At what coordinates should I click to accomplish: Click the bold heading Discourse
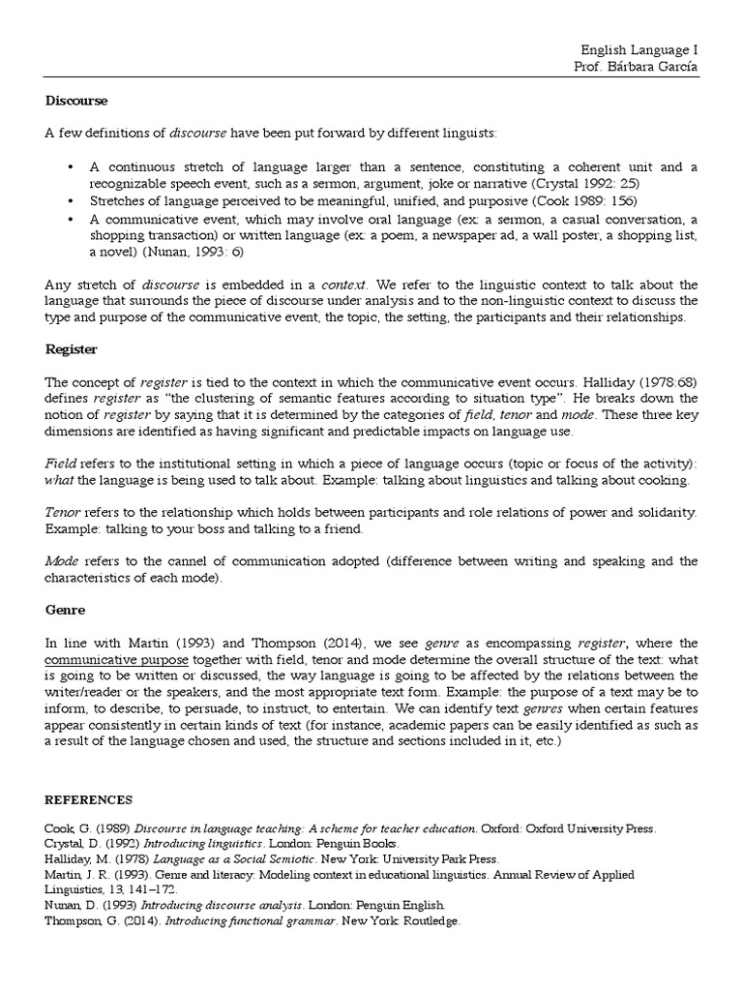tap(76, 100)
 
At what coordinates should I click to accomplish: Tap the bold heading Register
tap(73, 347)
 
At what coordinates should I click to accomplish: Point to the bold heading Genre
tap(66, 611)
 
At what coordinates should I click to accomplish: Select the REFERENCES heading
tap(89, 800)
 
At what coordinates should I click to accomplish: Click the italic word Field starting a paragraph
tap(62, 464)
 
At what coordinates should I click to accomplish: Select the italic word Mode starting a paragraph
tap(62, 560)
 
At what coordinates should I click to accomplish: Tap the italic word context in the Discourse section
tap(342, 285)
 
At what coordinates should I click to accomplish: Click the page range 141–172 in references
tap(145, 889)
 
